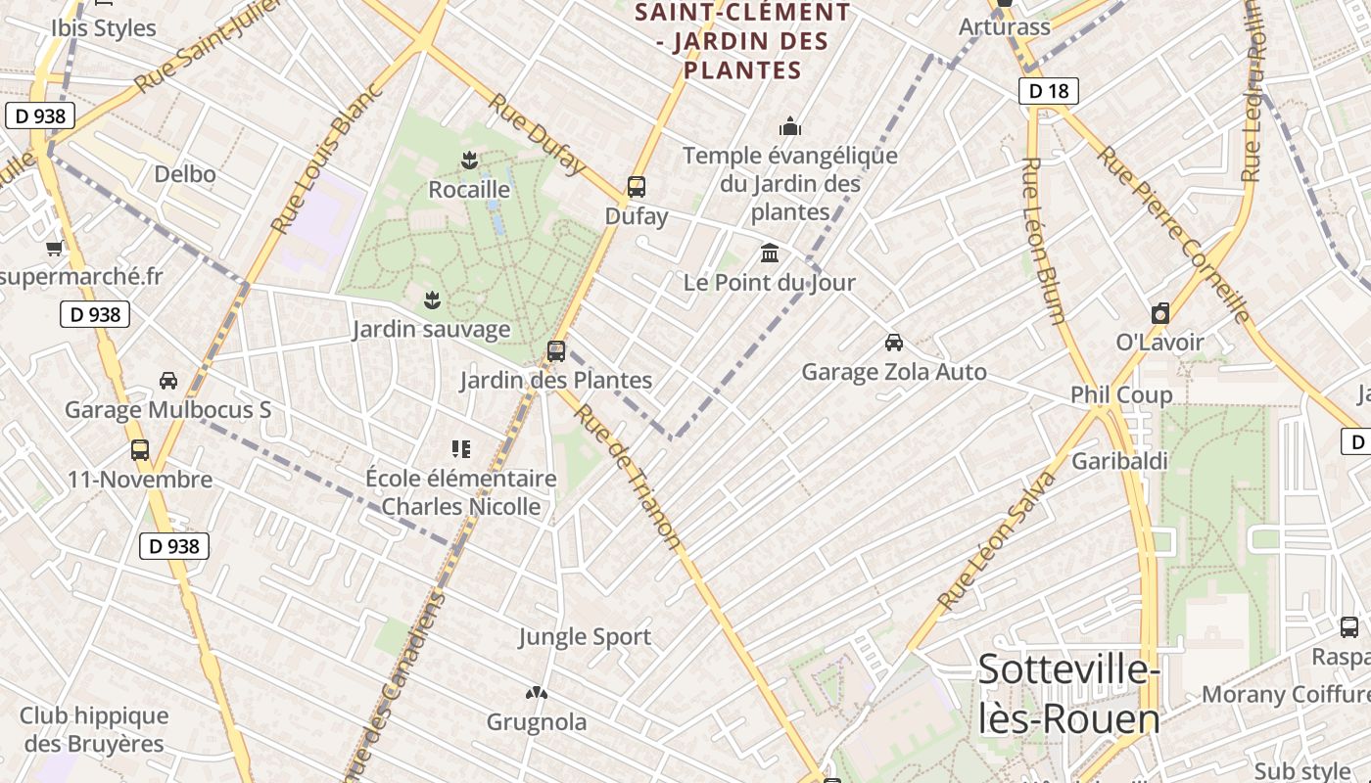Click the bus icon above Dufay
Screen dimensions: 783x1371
tap(637, 186)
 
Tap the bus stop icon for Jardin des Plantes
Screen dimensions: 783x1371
tap(556, 350)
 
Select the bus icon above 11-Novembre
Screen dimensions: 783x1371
tap(140, 450)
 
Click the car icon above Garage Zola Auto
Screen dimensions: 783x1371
tap(893, 343)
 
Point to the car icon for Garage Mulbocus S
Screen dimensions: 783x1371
tap(168, 380)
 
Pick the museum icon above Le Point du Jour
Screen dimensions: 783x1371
tap(770, 253)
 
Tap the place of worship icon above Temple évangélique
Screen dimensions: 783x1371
tap(789, 126)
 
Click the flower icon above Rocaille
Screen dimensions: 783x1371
tap(470, 160)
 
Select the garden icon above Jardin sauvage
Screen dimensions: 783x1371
tap(431, 299)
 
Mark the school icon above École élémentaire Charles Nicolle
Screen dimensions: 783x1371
tap(460, 449)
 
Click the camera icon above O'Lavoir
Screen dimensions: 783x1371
tap(1160, 313)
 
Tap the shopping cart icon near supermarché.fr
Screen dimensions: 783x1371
tap(55, 249)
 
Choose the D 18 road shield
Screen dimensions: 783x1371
tap(1048, 91)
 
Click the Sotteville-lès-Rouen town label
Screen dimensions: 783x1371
tap(1069, 694)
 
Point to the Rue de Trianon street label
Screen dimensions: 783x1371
tap(627, 476)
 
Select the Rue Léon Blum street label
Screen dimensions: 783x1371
tap(1042, 240)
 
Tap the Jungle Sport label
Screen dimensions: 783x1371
tap(585, 637)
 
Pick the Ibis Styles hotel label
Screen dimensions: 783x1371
tap(104, 27)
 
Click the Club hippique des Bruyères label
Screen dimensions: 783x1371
tap(94, 729)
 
